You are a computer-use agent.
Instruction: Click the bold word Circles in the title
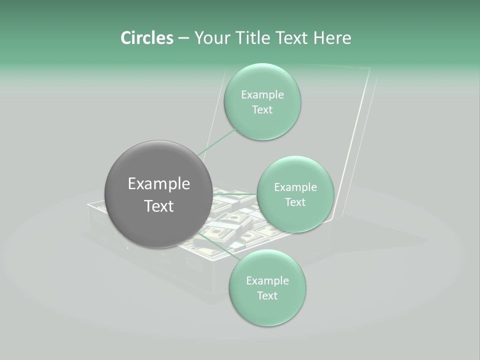(x=146, y=38)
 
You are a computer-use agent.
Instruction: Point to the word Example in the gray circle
(x=158, y=184)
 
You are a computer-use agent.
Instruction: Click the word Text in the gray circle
(x=158, y=206)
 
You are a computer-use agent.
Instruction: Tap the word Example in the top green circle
(x=262, y=95)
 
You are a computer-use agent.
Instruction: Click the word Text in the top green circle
(x=262, y=110)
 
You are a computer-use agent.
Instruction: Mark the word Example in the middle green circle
(x=295, y=187)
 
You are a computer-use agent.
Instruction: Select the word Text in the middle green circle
(x=295, y=202)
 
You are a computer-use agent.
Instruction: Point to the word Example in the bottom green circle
(x=267, y=281)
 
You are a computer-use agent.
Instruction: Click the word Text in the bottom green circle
(x=267, y=296)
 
